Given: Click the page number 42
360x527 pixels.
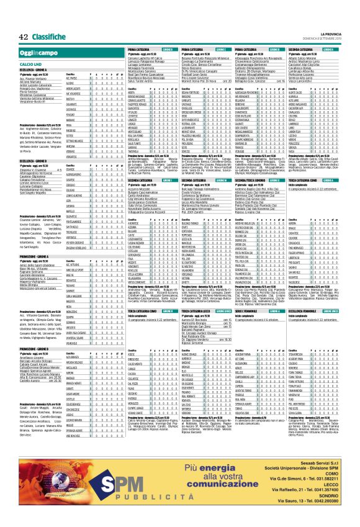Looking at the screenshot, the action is click(x=23, y=36).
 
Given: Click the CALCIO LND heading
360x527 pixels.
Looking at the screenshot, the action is click(x=30, y=64).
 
